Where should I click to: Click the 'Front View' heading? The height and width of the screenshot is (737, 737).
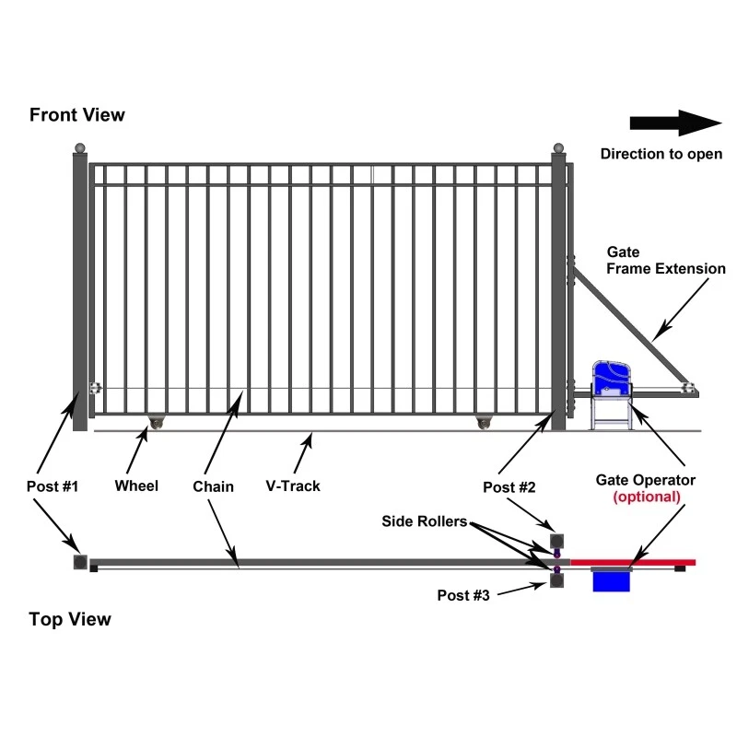pyautogui.click(x=77, y=115)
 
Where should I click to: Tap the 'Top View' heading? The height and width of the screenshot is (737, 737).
pyautogui.click(x=70, y=619)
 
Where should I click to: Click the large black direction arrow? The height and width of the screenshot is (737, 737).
pyautogui.click(x=674, y=123)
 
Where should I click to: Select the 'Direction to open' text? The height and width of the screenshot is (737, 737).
pyautogui.click(x=661, y=154)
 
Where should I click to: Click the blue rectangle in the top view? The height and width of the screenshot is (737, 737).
pyautogui.click(x=610, y=581)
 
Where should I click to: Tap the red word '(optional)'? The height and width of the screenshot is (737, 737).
pyautogui.click(x=647, y=497)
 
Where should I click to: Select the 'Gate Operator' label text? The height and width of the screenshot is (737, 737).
pyautogui.click(x=645, y=480)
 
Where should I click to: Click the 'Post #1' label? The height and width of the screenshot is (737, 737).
pyautogui.click(x=53, y=485)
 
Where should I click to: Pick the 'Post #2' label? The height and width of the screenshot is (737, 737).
pyautogui.click(x=509, y=485)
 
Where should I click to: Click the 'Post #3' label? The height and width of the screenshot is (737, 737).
pyautogui.click(x=462, y=595)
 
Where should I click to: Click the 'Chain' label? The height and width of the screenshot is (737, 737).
pyautogui.click(x=214, y=485)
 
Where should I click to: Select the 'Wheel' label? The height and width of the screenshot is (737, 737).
pyautogui.click(x=136, y=485)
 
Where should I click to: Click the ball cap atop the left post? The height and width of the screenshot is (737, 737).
pyautogui.click(x=80, y=147)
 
